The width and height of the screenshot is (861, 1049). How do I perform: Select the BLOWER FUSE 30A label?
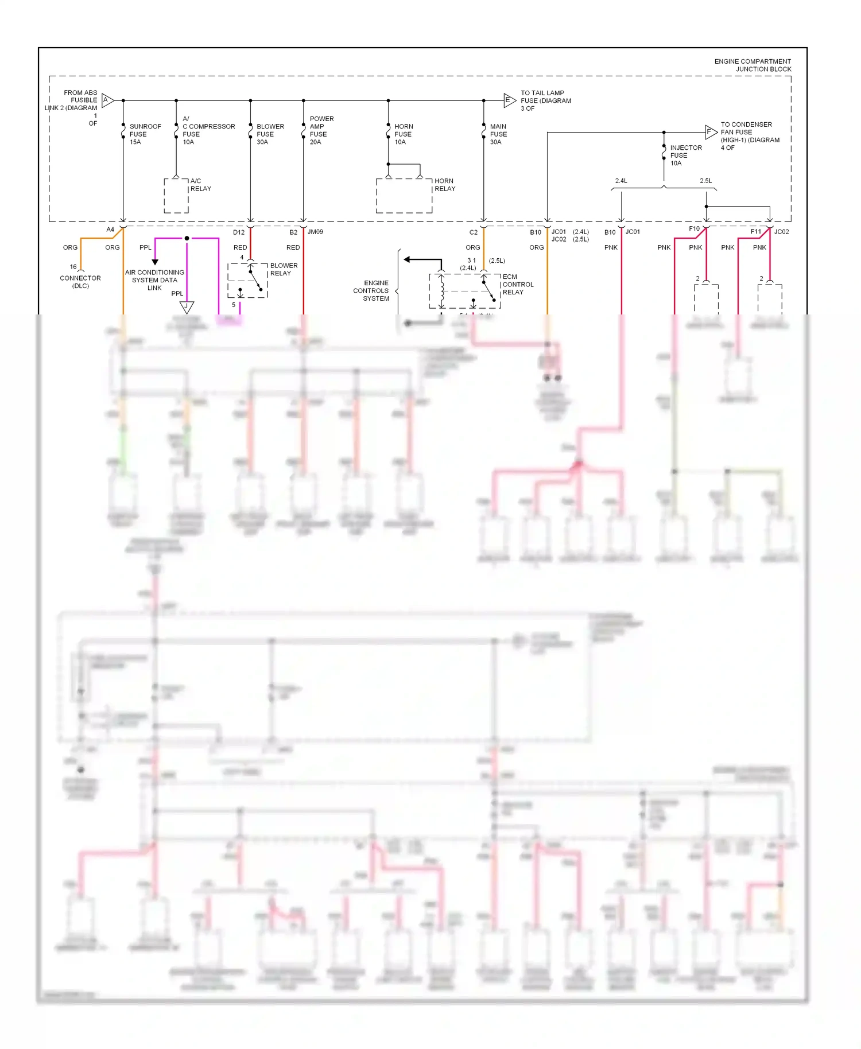270,134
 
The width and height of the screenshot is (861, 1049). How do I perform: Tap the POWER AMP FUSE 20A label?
321,130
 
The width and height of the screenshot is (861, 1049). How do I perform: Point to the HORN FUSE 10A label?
403,134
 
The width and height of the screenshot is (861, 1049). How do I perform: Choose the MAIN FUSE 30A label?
498,134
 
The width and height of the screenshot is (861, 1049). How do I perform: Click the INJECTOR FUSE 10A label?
685,156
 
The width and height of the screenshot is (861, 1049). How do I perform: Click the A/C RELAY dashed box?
176,196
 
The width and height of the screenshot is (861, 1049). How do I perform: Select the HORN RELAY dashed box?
404,196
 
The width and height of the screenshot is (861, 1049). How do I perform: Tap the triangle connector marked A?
107,100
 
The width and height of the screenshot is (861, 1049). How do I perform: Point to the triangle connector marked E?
509,100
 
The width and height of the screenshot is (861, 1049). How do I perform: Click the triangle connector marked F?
710,132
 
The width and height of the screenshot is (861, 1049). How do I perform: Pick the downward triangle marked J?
187,307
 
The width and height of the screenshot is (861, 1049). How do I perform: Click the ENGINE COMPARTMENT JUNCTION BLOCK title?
753,65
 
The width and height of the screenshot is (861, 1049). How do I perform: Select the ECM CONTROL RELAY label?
518,285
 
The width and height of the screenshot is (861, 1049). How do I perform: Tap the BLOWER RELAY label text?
284,269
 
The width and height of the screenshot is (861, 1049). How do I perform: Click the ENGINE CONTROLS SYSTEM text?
371,291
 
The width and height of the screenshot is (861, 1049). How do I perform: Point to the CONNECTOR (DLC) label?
80,282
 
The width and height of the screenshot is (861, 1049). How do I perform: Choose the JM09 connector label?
315,232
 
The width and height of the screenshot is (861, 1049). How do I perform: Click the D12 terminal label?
239,232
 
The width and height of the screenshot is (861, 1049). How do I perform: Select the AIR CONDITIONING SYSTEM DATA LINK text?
154,280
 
